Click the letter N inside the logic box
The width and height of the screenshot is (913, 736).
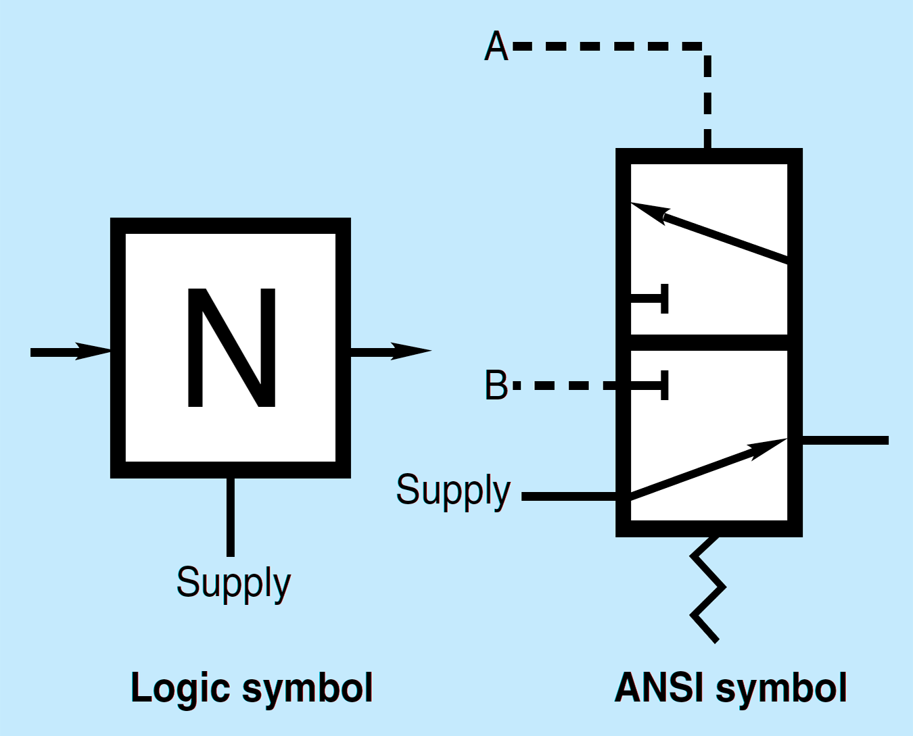click(231, 348)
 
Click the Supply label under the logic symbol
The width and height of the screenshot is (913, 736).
click(233, 583)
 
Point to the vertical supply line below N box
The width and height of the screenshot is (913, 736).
click(231, 517)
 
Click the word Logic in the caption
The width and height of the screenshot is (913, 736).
click(181, 689)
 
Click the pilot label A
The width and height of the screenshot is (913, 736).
click(496, 47)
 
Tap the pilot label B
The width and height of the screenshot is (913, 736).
click(496, 385)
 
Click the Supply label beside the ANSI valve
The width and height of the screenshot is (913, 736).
click(453, 490)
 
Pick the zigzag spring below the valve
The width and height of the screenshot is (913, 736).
click(707, 588)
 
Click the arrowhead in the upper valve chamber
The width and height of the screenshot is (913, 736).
click(649, 212)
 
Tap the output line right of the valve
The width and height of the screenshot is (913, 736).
click(845, 441)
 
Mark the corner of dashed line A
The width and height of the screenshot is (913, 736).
click(707, 47)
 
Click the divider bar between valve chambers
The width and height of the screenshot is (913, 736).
click(709, 342)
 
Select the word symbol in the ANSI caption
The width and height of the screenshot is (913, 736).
click(781, 688)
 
